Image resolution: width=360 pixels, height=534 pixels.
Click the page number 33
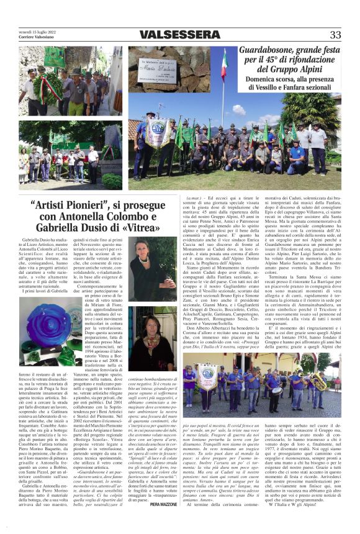pos(335,34)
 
